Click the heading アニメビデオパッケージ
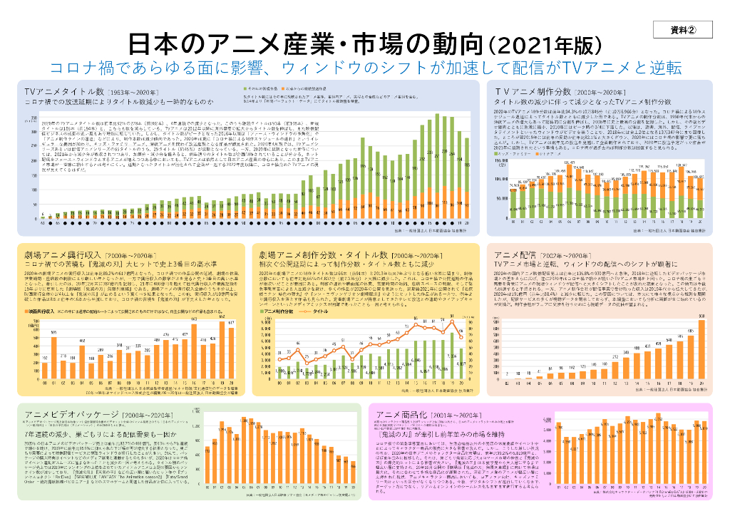pyautogui.click(x=73, y=413)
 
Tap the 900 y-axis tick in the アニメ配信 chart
pyautogui.click(x=494, y=322)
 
